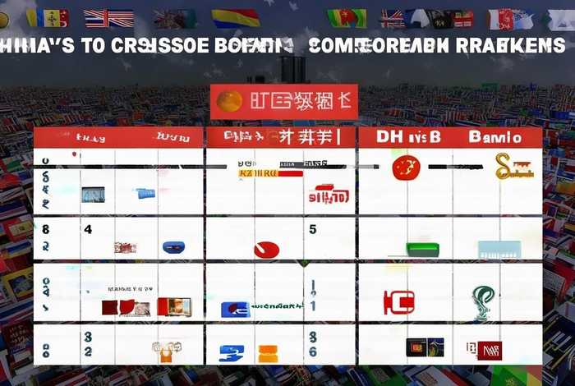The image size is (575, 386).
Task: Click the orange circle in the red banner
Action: pos(229,101)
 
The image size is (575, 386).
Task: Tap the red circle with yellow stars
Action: pos(406,168)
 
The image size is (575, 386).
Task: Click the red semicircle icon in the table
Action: pos(266,249)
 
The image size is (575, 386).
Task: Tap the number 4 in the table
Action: pos(87,230)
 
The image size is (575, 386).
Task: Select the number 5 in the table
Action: pos(313,230)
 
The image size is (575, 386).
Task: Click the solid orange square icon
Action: pos(268,354)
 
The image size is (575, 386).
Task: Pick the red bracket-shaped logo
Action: pos(399,301)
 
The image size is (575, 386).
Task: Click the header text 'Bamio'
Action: pos(494,137)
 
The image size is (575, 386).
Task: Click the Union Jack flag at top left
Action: pos(108,18)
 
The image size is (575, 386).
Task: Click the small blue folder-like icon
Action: pos(145,194)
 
